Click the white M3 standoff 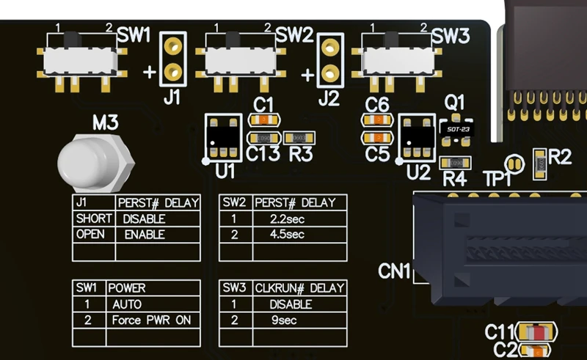[94, 163]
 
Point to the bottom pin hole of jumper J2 [330, 73]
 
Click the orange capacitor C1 [264, 120]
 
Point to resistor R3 [299, 138]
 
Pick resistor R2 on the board [540, 163]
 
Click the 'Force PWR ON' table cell [153, 320]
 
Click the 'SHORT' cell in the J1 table [94, 218]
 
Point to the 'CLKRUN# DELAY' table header [299, 287]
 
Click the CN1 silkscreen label [394, 271]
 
